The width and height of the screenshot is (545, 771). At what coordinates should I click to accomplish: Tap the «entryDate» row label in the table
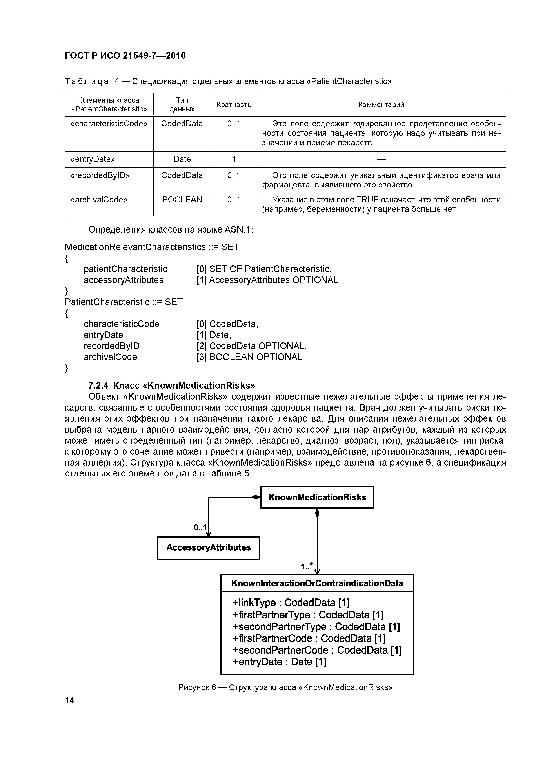(93, 159)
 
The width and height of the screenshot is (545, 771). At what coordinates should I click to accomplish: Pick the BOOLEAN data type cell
(182, 200)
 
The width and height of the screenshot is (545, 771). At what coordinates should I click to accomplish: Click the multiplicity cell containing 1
(234, 159)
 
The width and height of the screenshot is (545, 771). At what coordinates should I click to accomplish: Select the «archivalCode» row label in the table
(99, 200)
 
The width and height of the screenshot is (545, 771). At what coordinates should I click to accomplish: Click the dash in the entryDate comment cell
(381, 159)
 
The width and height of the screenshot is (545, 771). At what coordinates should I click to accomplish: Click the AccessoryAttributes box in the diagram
(208, 548)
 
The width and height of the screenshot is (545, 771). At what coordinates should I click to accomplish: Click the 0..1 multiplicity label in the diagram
(200, 527)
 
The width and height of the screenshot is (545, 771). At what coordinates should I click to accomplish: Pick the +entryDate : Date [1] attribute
(279, 662)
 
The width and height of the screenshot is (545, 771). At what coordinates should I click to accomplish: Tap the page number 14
(69, 700)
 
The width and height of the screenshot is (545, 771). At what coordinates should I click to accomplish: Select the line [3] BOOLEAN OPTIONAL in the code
(249, 357)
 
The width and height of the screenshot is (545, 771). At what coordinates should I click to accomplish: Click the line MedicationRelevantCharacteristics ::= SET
(152, 247)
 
